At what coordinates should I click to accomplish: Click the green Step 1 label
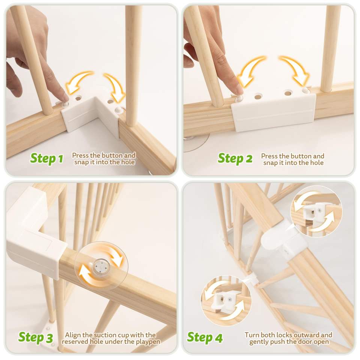[46, 158]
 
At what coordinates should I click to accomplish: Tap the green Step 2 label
[235, 158]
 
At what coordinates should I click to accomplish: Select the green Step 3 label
[36, 337]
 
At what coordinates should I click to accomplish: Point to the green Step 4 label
[205, 337]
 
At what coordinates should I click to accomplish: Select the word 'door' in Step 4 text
[300, 342]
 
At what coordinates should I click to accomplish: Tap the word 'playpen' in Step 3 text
[148, 342]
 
